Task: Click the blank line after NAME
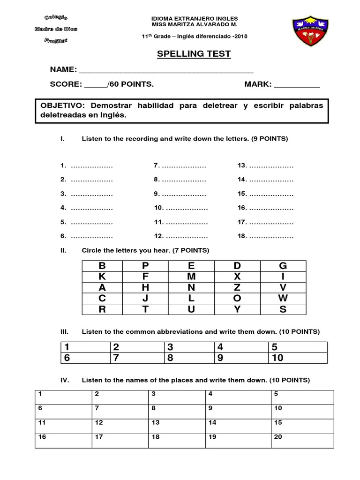[166, 70]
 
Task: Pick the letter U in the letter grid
[191, 309]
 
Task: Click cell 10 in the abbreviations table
[297, 359]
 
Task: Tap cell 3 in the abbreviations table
[190, 347]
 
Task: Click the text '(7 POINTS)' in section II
[193, 251]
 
